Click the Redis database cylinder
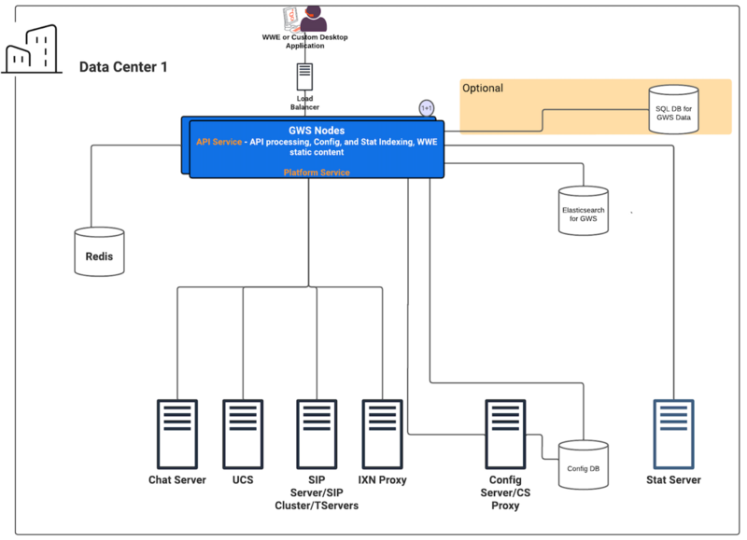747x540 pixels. pyautogui.click(x=99, y=252)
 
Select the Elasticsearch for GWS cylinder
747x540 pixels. pyautogui.click(x=583, y=211)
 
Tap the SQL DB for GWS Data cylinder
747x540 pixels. pyautogui.click(x=673, y=109)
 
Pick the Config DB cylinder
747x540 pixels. pyautogui.click(x=583, y=464)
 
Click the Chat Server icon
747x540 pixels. pyautogui.click(x=177, y=435)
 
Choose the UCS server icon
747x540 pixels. pyautogui.click(x=243, y=435)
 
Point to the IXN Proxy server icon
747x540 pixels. pyautogui.click(x=382, y=435)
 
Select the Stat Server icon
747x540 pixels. pyautogui.click(x=673, y=435)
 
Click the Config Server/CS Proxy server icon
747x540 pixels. pyautogui.click(x=505, y=435)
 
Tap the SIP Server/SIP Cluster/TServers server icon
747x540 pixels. pyautogui.click(x=317, y=435)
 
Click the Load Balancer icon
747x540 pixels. pyautogui.click(x=305, y=76)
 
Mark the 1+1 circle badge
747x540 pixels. pyautogui.click(x=427, y=108)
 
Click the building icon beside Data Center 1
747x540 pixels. pyautogui.click(x=32, y=49)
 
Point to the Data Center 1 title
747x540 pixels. pyautogui.click(x=123, y=67)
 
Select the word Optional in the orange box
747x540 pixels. pyautogui.click(x=483, y=88)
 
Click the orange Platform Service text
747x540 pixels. pyautogui.click(x=317, y=173)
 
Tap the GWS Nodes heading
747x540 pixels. pyautogui.click(x=317, y=131)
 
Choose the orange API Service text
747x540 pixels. pyautogui.click(x=218, y=142)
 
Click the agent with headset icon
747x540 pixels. pyautogui.click(x=313, y=19)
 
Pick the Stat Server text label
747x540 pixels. pyautogui.click(x=673, y=480)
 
